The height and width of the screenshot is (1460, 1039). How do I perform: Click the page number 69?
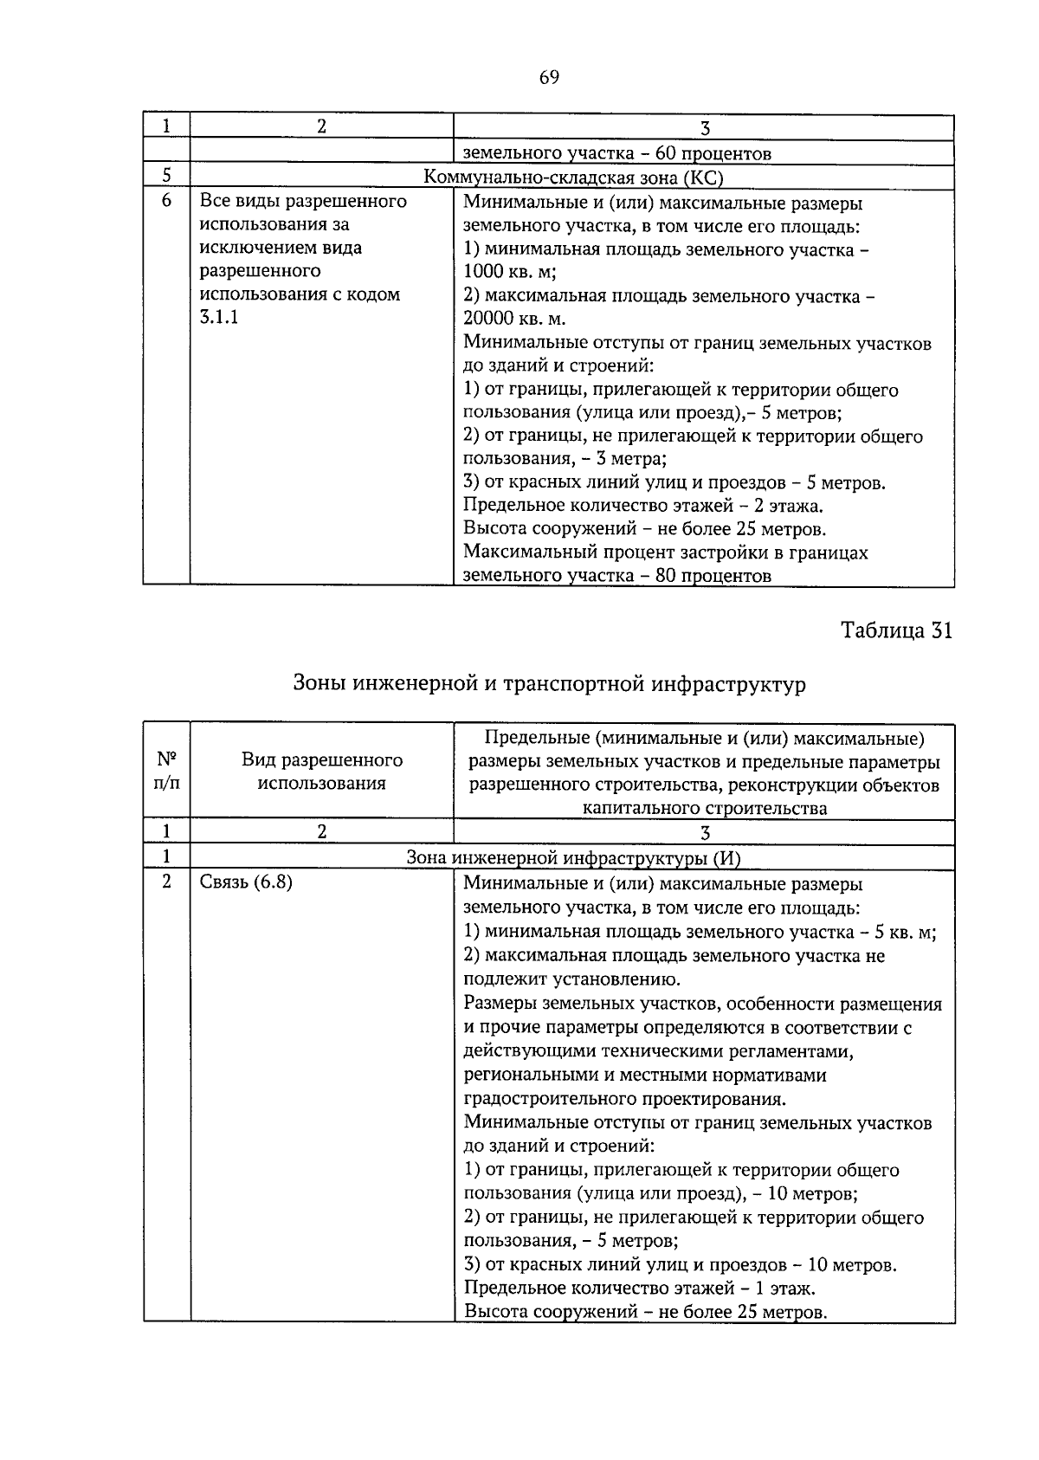pyautogui.click(x=549, y=78)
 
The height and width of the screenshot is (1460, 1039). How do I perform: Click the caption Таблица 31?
pyautogui.click(x=896, y=630)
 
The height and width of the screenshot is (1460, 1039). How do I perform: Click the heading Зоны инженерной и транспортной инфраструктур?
pyautogui.click(x=549, y=684)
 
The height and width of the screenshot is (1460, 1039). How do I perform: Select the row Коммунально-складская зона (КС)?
pyautogui.click(x=572, y=177)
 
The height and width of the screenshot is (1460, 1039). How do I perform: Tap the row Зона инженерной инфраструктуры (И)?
pyautogui.click(x=573, y=858)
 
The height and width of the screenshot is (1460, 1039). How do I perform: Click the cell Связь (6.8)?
pyautogui.click(x=246, y=882)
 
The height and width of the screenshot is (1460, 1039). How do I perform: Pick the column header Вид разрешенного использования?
pyautogui.click(x=321, y=772)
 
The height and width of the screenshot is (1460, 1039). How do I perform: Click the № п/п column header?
pyautogui.click(x=166, y=772)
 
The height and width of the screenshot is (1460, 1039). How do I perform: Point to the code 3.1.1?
pyautogui.click(x=219, y=318)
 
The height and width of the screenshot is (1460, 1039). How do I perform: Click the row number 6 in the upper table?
pyautogui.click(x=166, y=202)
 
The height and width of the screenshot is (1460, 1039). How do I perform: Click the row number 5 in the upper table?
pyautogui.click(x=166, y=177)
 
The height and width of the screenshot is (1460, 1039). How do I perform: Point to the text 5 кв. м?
pyautogui.click(x=906, y=933)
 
